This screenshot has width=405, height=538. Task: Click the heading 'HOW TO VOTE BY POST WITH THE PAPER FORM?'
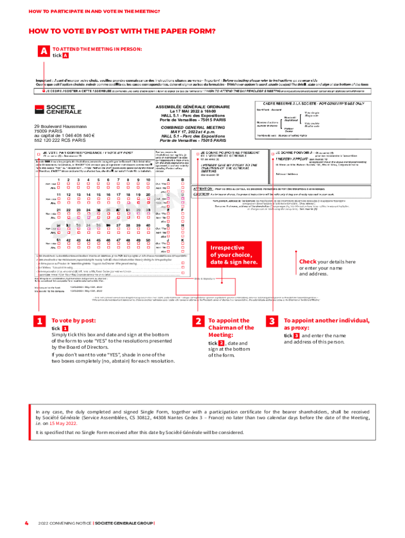[122, 31]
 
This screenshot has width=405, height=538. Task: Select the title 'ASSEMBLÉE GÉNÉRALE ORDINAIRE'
[193, 107]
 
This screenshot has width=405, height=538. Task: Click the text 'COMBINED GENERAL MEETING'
[193, 127]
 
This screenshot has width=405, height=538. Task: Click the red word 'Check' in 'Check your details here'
[308, 262]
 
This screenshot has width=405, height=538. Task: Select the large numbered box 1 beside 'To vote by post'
[40, 322]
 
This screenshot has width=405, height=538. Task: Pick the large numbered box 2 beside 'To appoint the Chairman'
[198, 322]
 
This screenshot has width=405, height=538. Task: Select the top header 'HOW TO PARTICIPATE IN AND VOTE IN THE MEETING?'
[94, 11]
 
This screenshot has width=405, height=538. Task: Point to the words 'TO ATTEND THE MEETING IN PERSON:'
[97, 49]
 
